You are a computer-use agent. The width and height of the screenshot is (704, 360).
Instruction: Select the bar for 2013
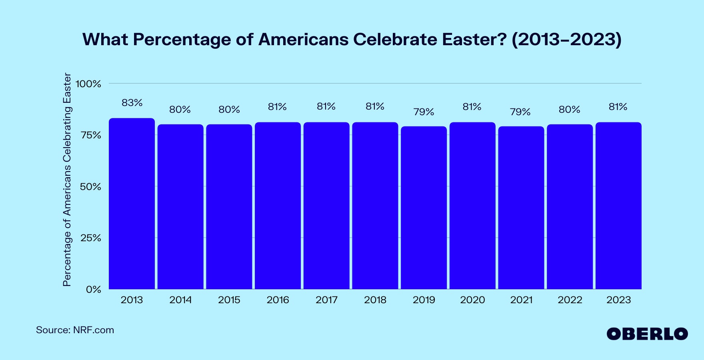coord(132,204)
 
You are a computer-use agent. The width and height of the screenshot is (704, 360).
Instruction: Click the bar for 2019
coord(424,208)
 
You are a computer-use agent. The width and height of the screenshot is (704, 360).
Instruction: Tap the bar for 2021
coord(521,208)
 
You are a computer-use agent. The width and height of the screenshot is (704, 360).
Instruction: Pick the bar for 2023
coord(618,206)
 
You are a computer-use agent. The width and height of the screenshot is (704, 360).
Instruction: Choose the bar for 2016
coord(278,206)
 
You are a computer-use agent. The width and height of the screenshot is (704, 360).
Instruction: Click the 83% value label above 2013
coord(132,103)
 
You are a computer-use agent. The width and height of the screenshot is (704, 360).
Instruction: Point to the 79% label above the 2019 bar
coord(424,112)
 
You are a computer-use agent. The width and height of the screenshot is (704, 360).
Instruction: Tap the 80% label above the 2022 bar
coord(569,110)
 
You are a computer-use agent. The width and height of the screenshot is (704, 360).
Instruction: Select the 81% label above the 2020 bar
coord(472,107)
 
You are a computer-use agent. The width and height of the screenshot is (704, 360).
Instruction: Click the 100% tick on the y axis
coord(88,84)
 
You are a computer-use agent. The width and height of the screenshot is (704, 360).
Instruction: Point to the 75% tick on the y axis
coord(91,135)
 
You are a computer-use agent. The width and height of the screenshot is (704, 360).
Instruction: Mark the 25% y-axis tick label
coord(91,238)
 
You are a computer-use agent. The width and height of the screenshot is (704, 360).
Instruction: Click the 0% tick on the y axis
coord(94,290)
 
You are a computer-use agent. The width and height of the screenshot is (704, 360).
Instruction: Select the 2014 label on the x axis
coord(180,300)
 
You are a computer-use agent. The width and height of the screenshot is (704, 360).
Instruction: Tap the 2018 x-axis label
coord(375,300)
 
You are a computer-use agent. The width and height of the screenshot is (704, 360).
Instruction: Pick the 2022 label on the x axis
coord(570,300)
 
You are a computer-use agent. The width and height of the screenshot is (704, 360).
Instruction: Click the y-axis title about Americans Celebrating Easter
coord(67,180)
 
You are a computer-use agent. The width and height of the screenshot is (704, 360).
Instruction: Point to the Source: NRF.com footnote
coord(75,330)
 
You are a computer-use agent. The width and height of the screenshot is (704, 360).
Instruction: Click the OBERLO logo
coord(647,334)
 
